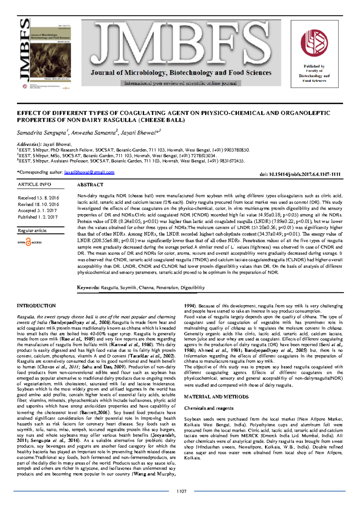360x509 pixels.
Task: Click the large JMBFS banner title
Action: (181, 45)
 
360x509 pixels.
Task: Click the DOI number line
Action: (300, 174)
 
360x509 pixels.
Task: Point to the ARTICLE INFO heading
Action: (34, 184)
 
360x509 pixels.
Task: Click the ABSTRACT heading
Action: (90, 185)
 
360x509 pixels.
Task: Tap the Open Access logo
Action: (29, 242)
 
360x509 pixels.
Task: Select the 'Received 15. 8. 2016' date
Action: (38, 198)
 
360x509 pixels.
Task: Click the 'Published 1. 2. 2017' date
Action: (38, 217)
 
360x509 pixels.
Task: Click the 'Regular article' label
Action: (32, 230)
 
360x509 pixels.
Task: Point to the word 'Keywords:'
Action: (88, 288)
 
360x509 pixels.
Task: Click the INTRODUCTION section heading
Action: (36, 306)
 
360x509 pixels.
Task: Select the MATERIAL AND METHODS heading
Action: (216, 397)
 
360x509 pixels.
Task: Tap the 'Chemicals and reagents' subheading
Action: (209, 408)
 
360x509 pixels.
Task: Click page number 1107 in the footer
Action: (181, 491)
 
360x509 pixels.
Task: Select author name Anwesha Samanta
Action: (94, 133)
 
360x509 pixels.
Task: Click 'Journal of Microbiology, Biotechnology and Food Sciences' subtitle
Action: (181, 73)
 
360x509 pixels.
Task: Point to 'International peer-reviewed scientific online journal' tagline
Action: (181, 83)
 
